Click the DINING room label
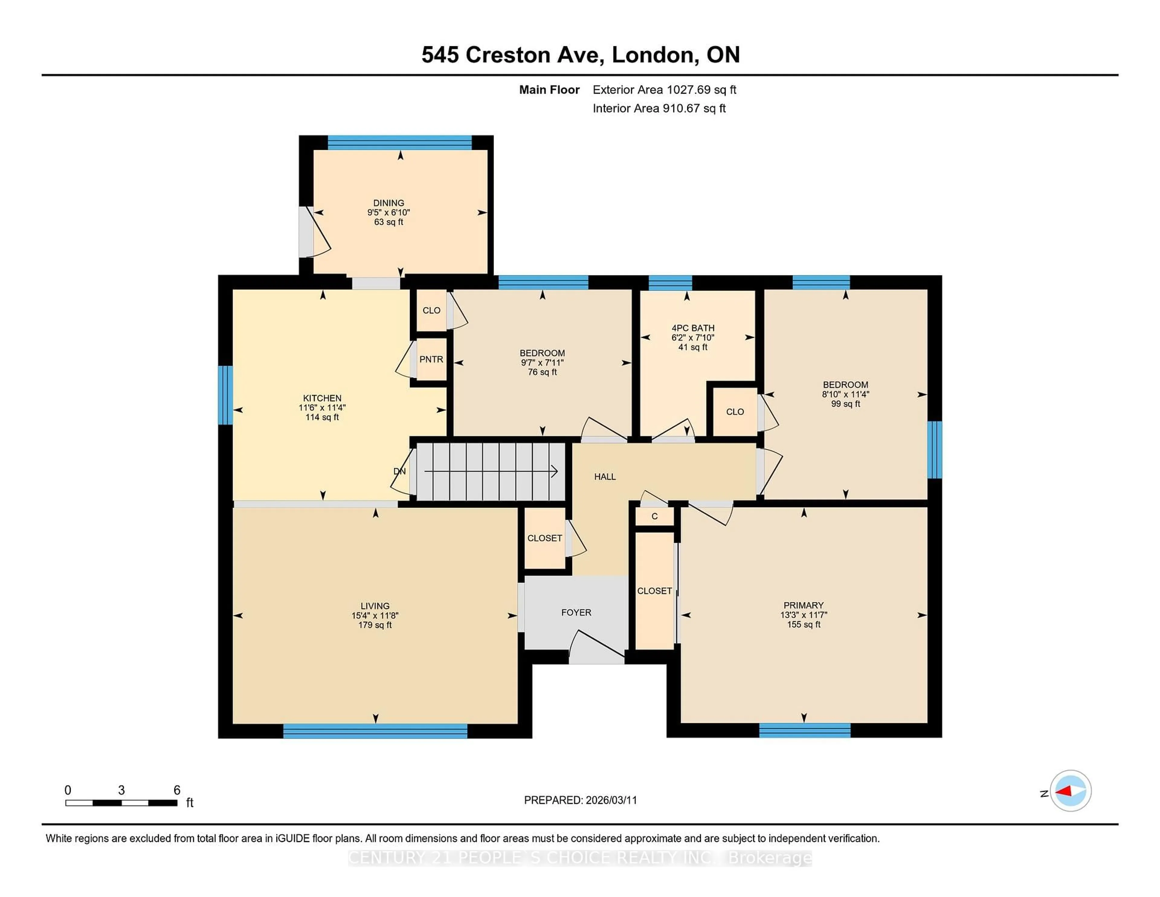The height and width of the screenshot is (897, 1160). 388,202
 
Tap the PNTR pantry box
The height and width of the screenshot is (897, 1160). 431,360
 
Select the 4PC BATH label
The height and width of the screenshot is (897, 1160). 693,328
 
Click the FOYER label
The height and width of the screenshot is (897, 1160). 576,612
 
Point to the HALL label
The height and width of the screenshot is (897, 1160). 604,477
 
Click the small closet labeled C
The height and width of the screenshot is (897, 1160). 654,516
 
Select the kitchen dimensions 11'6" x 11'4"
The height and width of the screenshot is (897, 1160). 322,408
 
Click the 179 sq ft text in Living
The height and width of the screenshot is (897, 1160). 375,625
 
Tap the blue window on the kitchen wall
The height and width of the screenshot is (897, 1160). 225,395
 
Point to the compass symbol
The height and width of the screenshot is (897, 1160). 1070,791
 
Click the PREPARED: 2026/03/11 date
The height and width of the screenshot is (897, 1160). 580,800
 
